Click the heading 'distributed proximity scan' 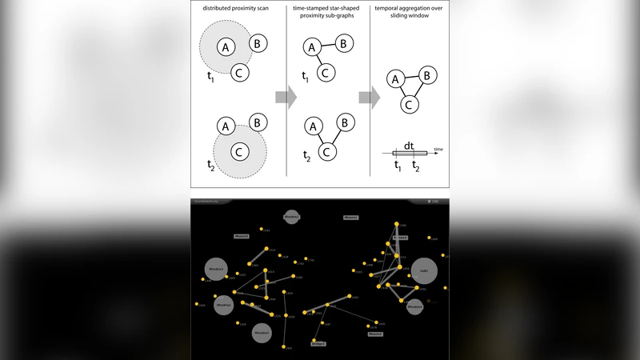coord(235,9)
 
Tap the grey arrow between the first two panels coord(286,98)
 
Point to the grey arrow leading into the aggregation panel coord(369,98)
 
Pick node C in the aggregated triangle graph coord(408,104)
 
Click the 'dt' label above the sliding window coord(408,145)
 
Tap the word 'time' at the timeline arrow coord(438,149)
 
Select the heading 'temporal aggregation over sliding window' coord(409,9)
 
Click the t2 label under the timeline coord(414,166)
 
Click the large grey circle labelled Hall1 coord(424,271)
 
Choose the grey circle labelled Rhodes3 coord(216,270)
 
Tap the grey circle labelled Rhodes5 coord(262,333)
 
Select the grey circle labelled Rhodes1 coord(224,305)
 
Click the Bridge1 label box coord(318,343)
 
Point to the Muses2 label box coord(350,217)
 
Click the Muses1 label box coord(242,237)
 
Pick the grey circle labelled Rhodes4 coord(414,306)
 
